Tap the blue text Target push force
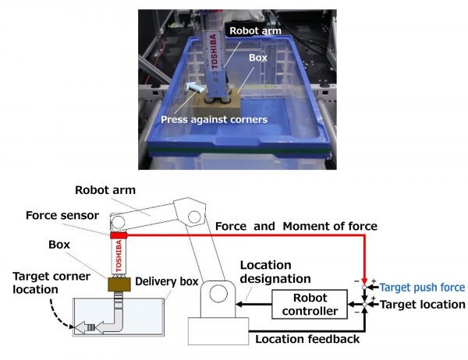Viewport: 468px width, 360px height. click(x=422, y=287)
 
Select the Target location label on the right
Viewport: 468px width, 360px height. click(x=421, y=304)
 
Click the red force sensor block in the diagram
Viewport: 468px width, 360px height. click(x=119, y=235)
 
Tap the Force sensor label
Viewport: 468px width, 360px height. click(x=58, y=216)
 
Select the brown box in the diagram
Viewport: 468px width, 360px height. click(x=118, y=288)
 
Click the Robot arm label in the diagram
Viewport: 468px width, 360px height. click(x=105, y=189)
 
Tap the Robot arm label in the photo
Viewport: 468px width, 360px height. click(x=252, y=30)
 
